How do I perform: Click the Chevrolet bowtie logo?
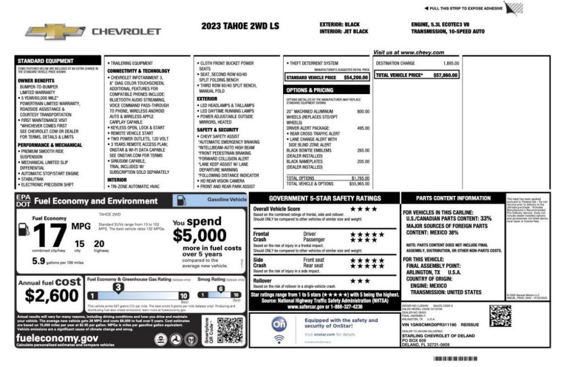(x=55, y=32)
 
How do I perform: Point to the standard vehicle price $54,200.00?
(x=356, y=77)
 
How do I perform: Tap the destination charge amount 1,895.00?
(x=451, y=63)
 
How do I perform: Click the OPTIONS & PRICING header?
(x=310, y=89)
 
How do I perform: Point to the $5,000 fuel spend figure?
(x=199, y=234)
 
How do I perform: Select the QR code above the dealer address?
(x=500, y=315)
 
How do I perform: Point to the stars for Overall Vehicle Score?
(x=363, y=209)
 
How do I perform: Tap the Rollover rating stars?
(x=360, y=280)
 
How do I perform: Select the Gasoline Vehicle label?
(x=226, y=199)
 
